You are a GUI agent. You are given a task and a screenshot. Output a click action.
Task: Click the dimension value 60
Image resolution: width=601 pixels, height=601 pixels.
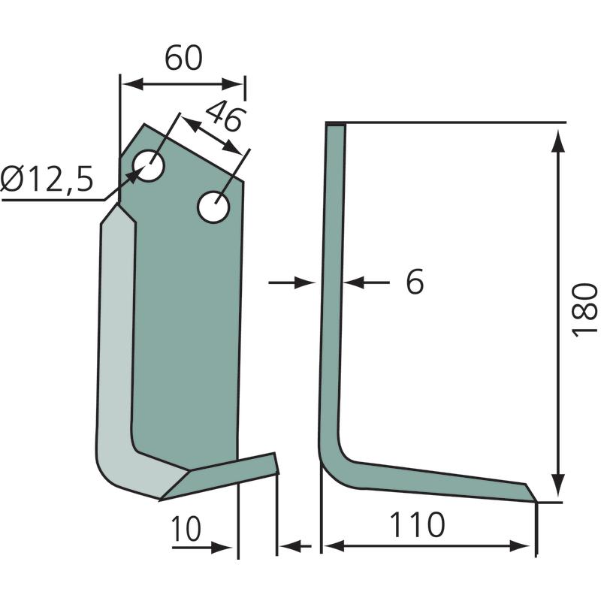183,59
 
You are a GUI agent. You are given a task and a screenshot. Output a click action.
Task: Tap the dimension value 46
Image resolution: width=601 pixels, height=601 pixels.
225,116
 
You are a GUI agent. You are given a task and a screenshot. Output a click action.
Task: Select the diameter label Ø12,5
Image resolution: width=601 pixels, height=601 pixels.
47,179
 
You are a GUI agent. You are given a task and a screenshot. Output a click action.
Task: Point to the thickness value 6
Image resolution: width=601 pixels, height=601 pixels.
415,282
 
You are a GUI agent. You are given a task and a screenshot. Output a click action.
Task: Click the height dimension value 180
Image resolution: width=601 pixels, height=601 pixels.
584,310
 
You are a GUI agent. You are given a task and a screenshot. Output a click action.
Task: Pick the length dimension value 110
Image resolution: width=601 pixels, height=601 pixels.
418,524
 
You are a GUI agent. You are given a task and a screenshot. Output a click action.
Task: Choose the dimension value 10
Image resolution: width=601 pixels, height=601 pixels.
186,529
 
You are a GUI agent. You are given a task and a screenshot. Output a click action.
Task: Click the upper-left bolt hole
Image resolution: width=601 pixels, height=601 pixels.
148,165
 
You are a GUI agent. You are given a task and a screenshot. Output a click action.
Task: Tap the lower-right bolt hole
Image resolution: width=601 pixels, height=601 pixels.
213,207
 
